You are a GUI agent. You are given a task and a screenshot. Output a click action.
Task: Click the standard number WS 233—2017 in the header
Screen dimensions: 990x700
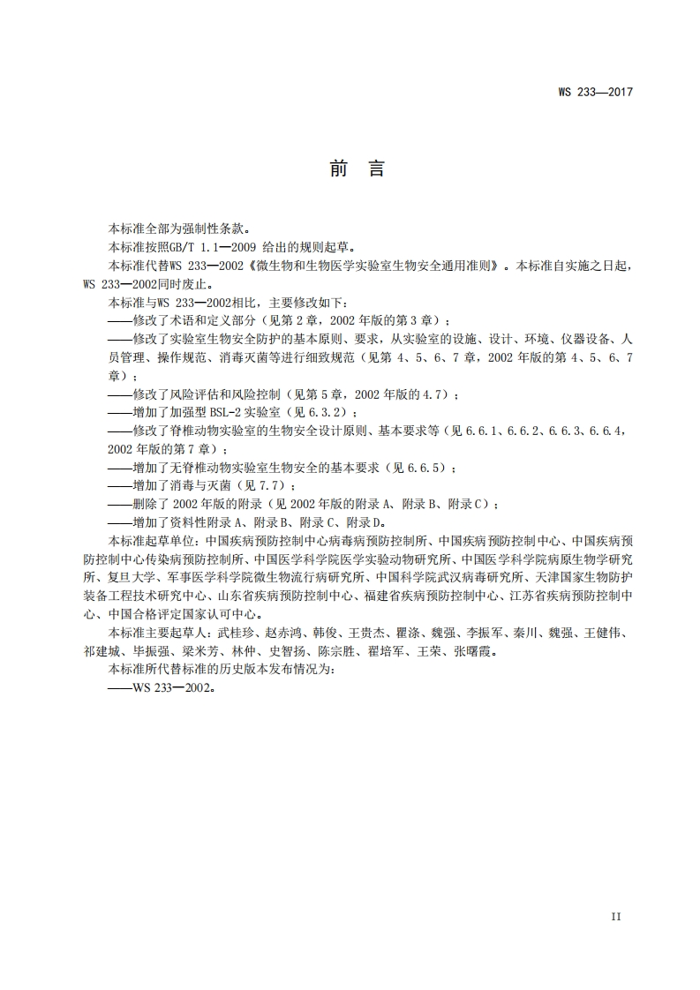(x=597, y=92)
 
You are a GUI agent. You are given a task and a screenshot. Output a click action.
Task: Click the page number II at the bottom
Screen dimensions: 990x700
(x=616, y=917)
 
